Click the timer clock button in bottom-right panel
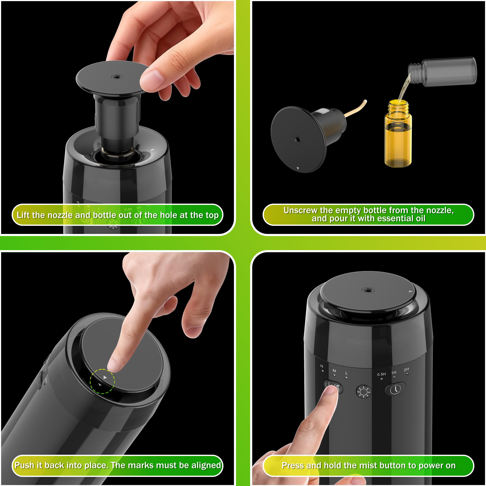(395, 389)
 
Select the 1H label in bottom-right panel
(394, 372)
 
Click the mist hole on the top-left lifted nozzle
(116, 76)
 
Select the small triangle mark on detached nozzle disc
(298, 168)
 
